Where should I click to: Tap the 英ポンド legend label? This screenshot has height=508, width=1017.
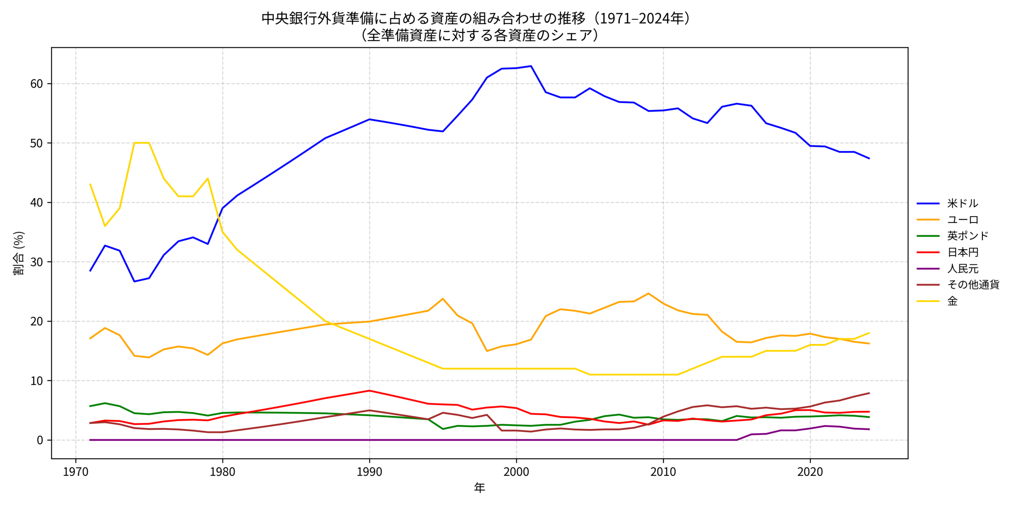tap(967, 236)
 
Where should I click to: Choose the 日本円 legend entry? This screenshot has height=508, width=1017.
tap(962, 252)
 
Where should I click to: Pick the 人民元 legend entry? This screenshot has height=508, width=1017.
tap(962, 269)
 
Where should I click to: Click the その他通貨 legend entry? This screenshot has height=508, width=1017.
tap(973, 285)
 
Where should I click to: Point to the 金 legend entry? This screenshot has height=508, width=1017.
tap(952, 301)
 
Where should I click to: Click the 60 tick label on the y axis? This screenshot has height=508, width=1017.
tap(37, 84)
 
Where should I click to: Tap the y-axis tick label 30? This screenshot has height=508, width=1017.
tap(37, 262)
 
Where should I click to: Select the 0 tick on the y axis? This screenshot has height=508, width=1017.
tap(40, 440)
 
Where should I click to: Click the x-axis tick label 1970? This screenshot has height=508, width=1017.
tap(75, 472)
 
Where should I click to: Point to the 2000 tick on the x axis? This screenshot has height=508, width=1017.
tap(516, 472)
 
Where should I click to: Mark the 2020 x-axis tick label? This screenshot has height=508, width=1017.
tap(810, 472)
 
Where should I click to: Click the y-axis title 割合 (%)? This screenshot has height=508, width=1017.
tap(19, 253)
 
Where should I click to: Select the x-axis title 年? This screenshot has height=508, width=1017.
tap(479, 488)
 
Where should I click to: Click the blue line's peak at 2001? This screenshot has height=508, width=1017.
tap(531, 66)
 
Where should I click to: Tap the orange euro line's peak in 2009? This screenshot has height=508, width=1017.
tap(648, 293)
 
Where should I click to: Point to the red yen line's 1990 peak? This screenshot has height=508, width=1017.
tap(369, 391)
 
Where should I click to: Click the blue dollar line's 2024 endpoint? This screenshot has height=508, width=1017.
tap(869, 158)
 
